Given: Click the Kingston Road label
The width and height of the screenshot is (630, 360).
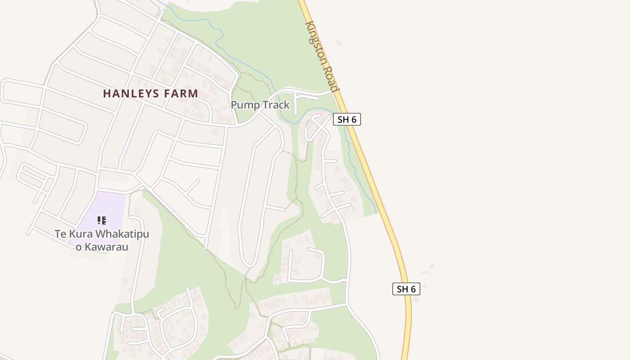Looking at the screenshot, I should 322,56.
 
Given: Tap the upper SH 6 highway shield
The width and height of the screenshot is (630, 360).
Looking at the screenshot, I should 347,119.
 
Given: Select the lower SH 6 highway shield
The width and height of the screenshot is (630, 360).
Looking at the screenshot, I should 406,289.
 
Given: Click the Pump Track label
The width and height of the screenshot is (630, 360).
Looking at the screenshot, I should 260,105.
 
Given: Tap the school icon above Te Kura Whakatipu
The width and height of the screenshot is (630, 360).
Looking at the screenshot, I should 102,220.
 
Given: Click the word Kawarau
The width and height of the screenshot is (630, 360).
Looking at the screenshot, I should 108,247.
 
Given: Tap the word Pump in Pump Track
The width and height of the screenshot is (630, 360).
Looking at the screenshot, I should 245,105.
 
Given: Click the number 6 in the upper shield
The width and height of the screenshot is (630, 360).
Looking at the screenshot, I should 354,119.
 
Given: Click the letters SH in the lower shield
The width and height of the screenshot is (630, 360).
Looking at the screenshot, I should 402,289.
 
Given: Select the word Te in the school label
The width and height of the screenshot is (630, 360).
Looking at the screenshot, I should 60,234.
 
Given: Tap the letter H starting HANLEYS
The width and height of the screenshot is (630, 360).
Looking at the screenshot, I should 107,94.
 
